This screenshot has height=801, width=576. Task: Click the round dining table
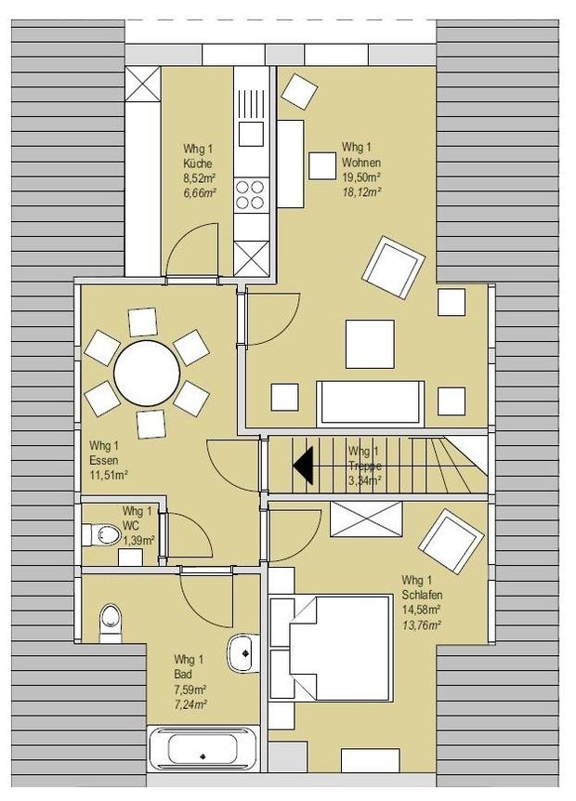[x=147, y=373]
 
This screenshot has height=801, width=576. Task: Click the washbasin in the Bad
[x=242, y=653]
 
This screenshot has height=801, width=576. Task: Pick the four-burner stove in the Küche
[x=251, y=194]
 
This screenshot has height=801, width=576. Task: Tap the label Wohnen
[x=361, y=163]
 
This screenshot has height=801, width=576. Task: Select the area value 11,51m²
[x=109, y=475]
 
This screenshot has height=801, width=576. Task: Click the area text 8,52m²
[x=199, y=178]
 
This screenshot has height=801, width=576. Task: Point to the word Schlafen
[x=422, y=595]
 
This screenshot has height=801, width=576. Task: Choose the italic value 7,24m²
[x=190, y=704]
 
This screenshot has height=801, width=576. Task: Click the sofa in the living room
[x=370, y=403]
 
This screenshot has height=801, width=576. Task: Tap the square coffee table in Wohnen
[x=370, y=344]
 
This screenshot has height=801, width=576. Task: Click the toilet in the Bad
[x=111, y=624]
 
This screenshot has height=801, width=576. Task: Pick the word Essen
[x=104, y=460]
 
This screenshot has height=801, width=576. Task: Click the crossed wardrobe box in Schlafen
[x=366, y=519]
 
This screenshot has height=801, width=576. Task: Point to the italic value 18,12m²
[x=362, y=191]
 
